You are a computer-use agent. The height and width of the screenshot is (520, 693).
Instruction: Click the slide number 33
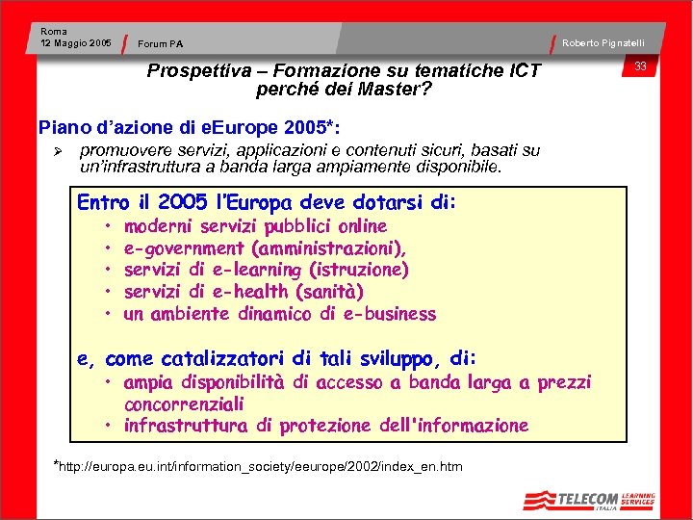pos(640,66)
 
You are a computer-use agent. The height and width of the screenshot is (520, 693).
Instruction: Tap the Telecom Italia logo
pos(588,500)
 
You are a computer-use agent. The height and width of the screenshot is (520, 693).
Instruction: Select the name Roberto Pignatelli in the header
pos(603,43)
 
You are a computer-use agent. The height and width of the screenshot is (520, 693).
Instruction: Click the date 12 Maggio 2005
pos(76,43)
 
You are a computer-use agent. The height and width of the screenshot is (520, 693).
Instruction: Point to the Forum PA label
pos(161,44)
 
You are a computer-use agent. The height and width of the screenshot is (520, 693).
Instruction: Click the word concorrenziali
pos(184,404)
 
